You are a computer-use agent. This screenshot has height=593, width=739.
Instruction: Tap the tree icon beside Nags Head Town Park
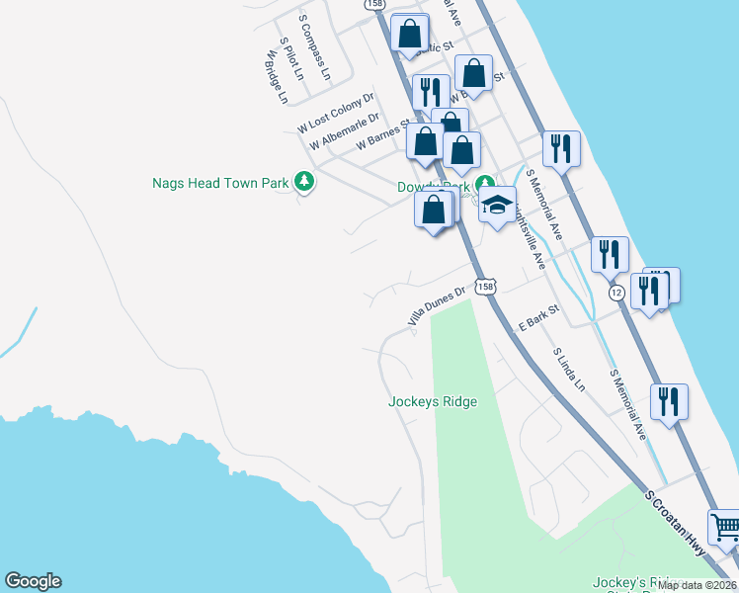coord(306,182)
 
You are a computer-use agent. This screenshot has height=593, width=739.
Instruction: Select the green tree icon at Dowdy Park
coord(485,185)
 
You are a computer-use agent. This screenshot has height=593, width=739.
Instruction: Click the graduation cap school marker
coord(498,206)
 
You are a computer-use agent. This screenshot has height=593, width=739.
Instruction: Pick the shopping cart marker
coord(725,528)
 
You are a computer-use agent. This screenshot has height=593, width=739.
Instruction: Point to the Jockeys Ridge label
coord(433,401)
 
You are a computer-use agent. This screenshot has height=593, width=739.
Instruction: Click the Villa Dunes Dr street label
coord(437,306)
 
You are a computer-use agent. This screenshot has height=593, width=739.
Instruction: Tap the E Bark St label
coord(539,317)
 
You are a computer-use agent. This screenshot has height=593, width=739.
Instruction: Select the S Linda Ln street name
coord(569,369)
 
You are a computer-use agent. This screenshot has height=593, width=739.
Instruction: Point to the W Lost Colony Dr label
coord(336,113)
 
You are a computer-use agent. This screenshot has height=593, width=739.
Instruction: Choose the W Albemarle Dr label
coord(344,131)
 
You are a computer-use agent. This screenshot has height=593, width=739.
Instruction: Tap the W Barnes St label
coord(383,134)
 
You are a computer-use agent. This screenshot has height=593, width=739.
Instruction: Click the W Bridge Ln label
coord(275,77)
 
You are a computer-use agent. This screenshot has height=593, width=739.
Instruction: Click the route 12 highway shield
coord(616,293)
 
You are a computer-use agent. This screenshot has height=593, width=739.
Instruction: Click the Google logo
coord(33,581)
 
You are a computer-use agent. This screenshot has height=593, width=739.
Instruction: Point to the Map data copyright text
coord(698,585)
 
